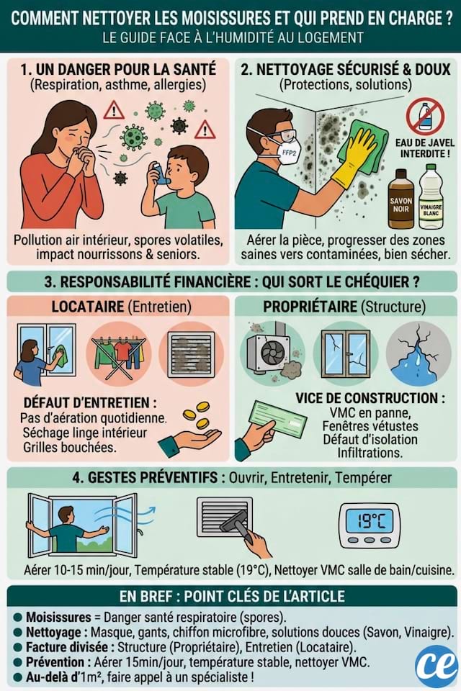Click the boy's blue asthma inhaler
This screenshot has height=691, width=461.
click(x=162, y=175)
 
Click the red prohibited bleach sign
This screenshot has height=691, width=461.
click(x=424, y=117)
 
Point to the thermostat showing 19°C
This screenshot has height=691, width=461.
click(x=369, y=525)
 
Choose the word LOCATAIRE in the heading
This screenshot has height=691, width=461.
click(x=87, y=307)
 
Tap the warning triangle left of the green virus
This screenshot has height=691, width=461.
click(x=113, y=110)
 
